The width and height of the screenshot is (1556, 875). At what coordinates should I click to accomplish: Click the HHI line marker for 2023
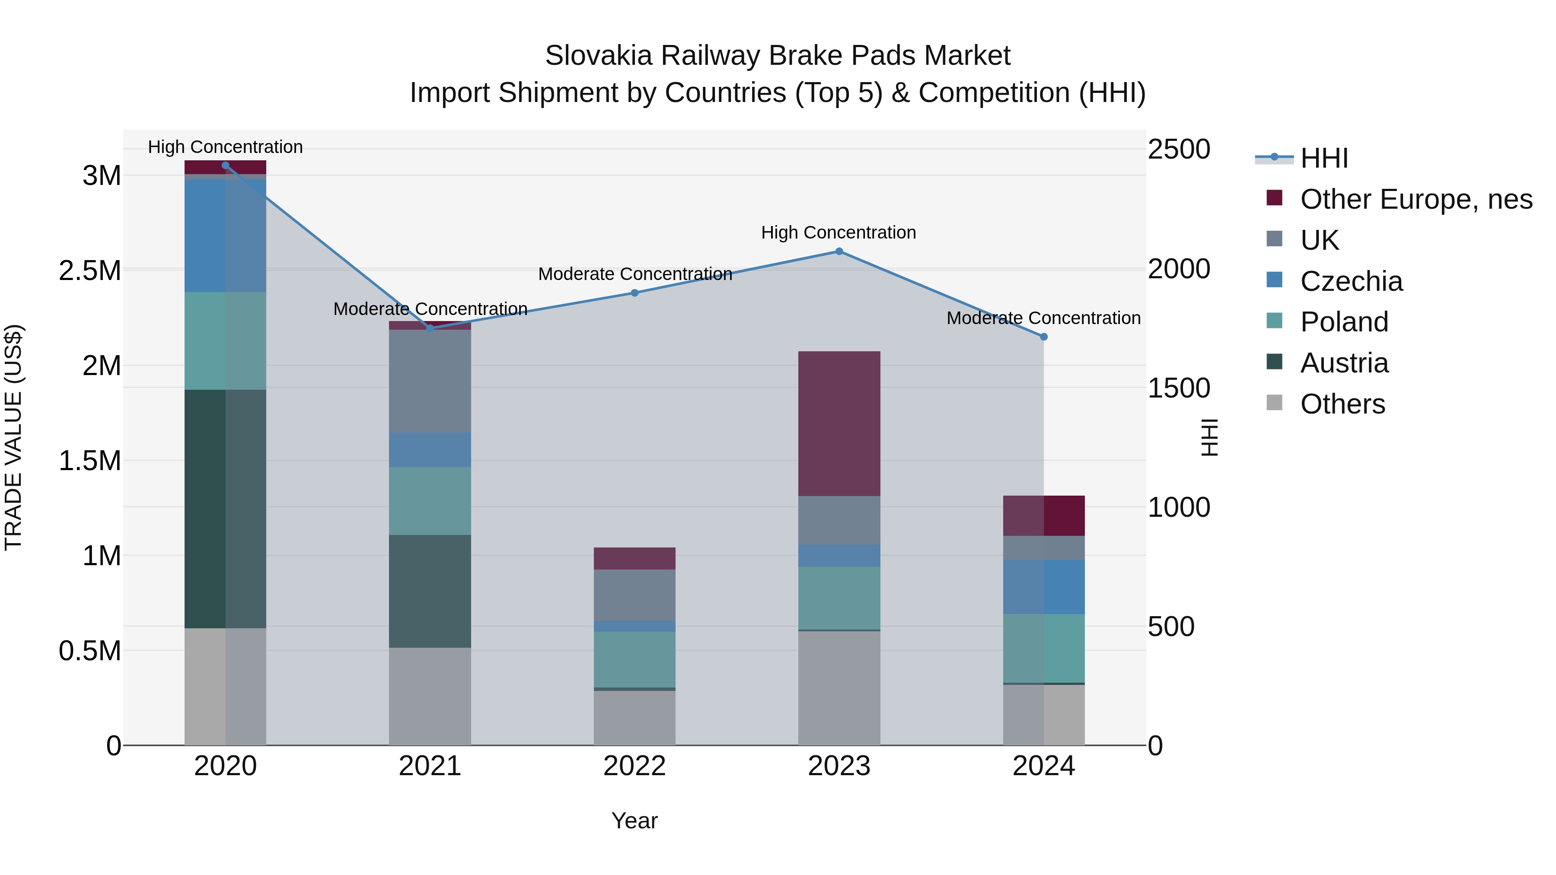(x=839, y=251)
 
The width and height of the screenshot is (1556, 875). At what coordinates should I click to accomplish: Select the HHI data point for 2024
(x=1044, y=337)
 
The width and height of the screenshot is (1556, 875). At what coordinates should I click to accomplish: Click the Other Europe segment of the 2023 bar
(x=839, y=423)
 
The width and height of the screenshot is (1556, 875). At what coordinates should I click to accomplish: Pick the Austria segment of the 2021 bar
(x=430, y=591)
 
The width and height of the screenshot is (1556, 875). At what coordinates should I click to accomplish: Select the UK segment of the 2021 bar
(x=430, y=381)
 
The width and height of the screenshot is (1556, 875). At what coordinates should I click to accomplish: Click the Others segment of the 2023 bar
(x=839, y=688)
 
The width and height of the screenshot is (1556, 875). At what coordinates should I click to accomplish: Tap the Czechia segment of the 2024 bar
(x=1044, y=587)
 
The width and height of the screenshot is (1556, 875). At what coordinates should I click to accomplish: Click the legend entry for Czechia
(x=1351, y=281)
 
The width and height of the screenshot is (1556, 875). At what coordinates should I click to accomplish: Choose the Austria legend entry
(x=1344, y=363)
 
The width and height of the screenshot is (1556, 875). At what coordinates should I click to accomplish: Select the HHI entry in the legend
(x=1324, y=158)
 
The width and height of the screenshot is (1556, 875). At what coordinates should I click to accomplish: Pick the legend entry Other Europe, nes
(x=1416, y=199)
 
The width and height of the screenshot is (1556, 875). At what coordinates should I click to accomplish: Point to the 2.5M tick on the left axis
(x=90, y=270)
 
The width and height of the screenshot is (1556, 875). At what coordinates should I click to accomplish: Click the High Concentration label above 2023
(x=839, y=232)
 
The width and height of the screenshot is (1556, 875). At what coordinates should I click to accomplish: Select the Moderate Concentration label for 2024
(x=1043, y=318)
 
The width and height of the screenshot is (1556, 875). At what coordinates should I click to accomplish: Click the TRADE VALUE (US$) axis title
(x=13, y=437)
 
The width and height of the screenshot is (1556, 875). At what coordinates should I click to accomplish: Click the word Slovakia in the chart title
(x=599, y=56)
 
